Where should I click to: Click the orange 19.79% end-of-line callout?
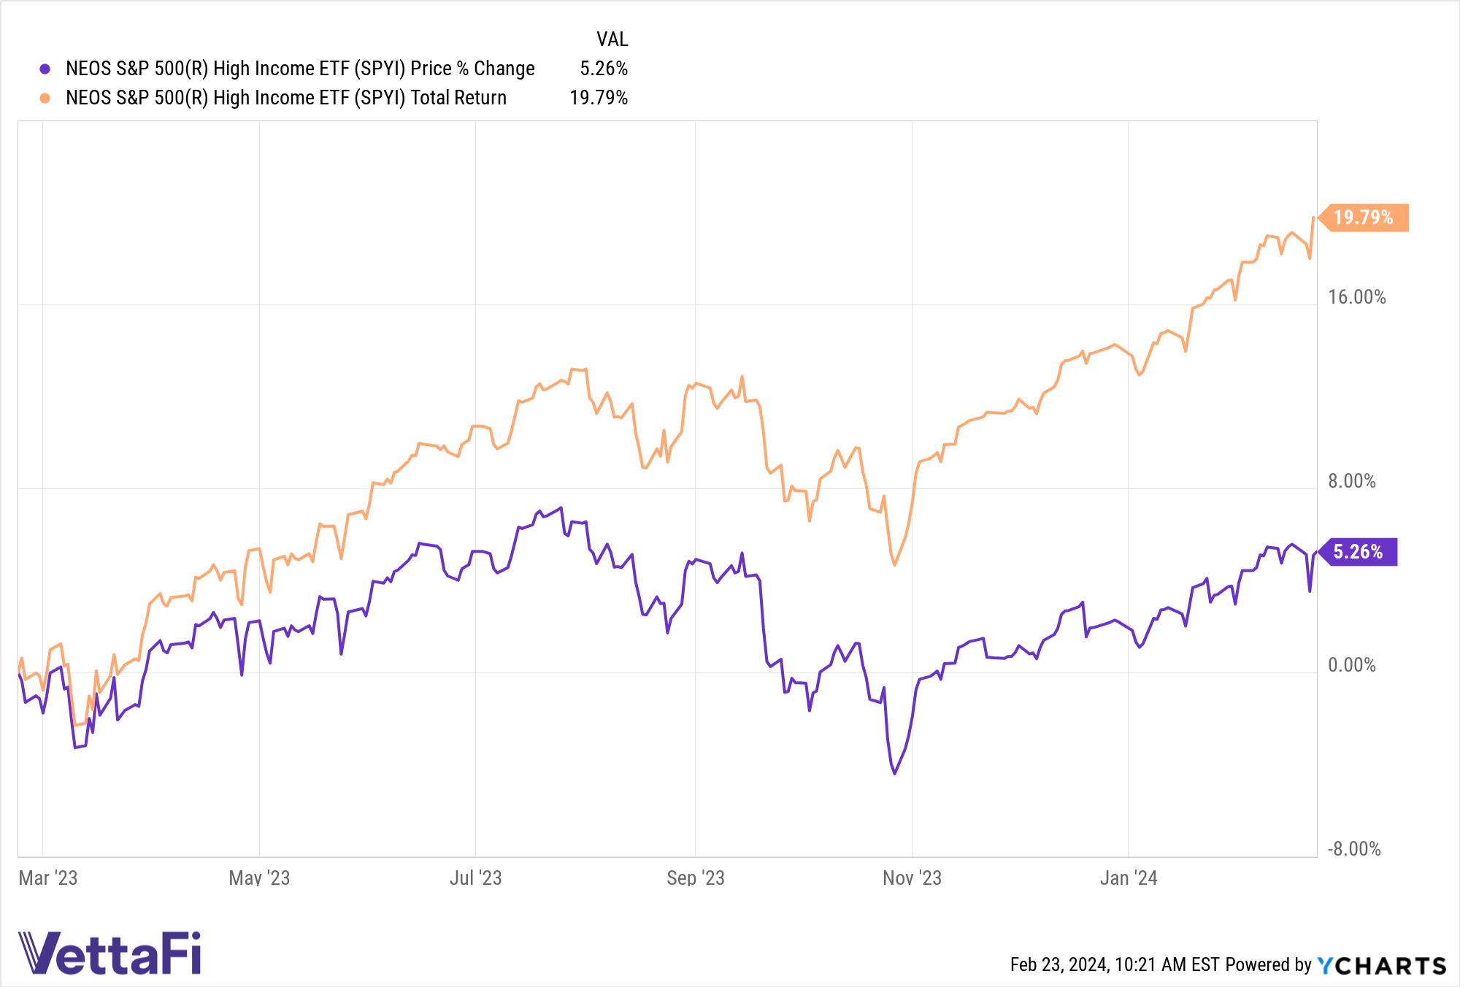click(x=1364, y=218)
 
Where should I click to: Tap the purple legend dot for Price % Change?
click(x=45, y=69)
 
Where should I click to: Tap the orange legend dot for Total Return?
click(x=45, y=99)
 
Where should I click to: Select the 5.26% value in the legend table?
click(x=604, y=69)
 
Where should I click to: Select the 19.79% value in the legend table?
click(x=599, y=98)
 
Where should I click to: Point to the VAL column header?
click(x=612, y=39)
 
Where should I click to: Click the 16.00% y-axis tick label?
click(x=1356, y=297)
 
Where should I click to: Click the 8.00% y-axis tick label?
click(x=1351, y=481)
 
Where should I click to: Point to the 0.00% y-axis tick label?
click(x=1351, y=665)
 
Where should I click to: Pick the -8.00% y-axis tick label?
click(x=1354, y=849)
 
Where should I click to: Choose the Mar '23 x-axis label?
click(x=48, y=877)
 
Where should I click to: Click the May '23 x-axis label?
click(x=259, y=877)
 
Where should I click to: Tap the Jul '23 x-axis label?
click(x=476, y=877)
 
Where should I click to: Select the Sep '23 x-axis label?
click(x=696, y=877)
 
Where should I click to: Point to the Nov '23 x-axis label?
click(x=912, y=877)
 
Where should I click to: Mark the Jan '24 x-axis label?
click(x=1129, y=877)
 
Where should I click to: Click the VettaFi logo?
click(x=109, y=953)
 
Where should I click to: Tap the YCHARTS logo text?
click(x=1381, y=966)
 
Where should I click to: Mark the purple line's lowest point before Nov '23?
click(x=895, y=773)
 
